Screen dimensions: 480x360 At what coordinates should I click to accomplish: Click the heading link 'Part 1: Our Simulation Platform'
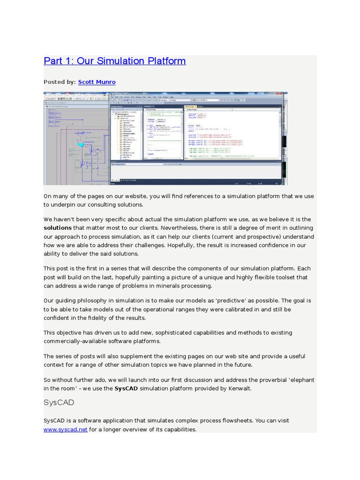coord(114,61)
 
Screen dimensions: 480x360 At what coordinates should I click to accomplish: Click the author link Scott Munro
coord(97,82)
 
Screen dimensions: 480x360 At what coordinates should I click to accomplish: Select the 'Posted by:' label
coord(60,82)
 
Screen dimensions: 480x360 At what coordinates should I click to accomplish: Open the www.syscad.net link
coord(65,429)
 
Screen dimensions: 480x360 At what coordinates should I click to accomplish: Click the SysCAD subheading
coord(59,403)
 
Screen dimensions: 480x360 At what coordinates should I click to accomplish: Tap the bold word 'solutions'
coord(58,228)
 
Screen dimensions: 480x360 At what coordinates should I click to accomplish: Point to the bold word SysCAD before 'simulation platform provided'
coord(126,388)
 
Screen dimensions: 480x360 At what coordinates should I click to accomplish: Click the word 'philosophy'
coord(89,300)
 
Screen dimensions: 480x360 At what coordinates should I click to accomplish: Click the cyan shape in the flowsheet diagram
coord(81,145)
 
